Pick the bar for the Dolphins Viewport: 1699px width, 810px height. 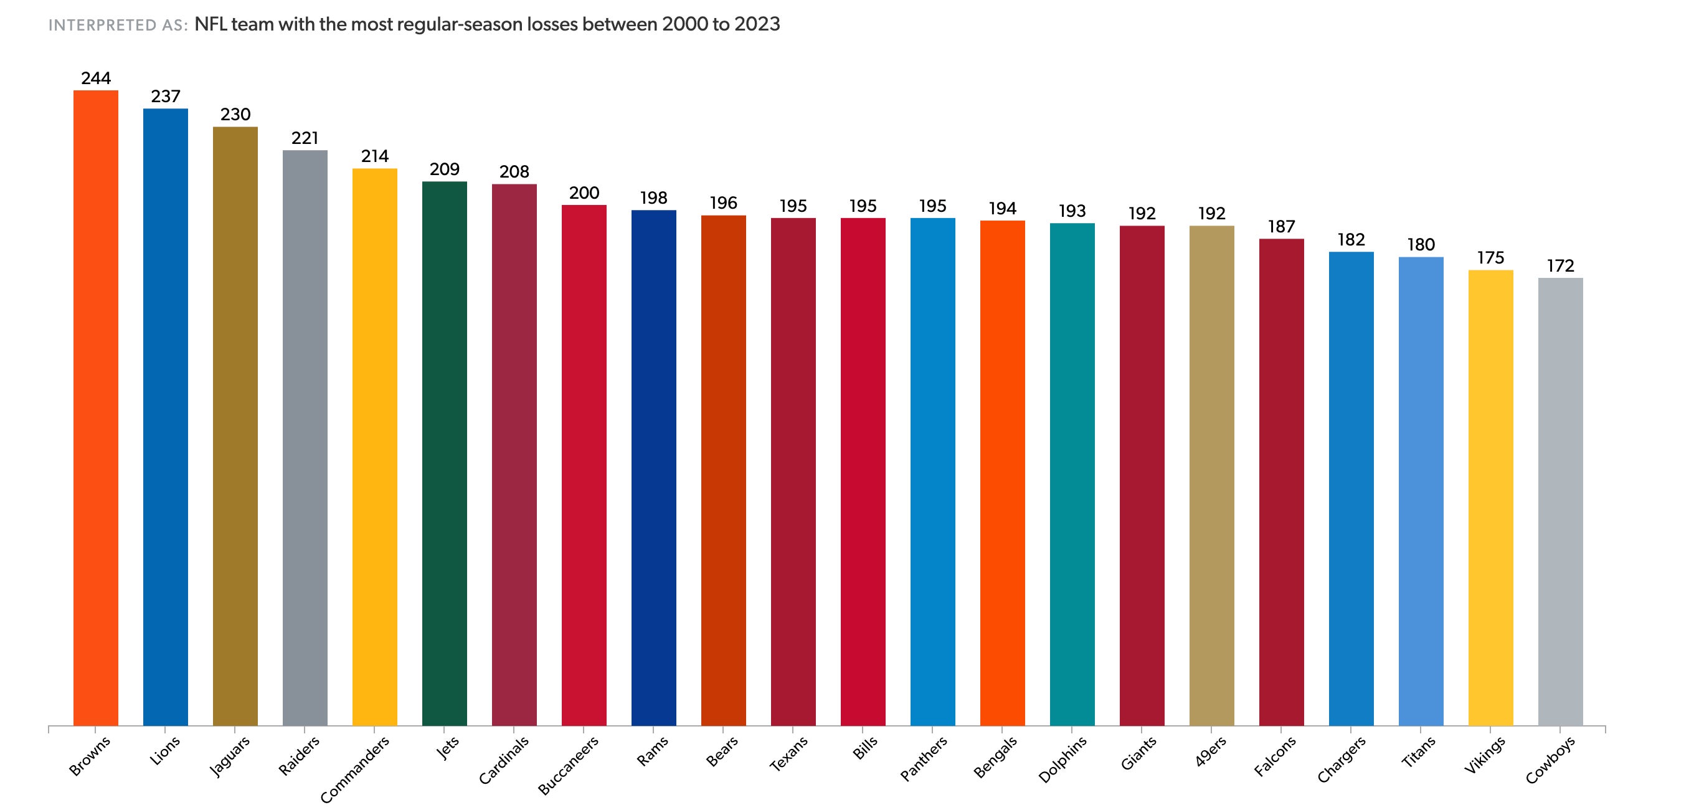click(x=1072, y=474)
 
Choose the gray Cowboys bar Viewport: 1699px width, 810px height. click(x=1560, y=502)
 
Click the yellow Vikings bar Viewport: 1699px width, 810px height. click(x=1490, y=497)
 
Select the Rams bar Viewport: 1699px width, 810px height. click(x=653, y=468)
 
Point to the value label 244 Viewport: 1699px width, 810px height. click(x=96, y=79)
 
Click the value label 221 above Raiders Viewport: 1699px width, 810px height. click(x=305, y=138)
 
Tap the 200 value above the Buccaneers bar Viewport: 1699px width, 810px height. click(x=584, y=193)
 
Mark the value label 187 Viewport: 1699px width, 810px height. click(x=1281, y=227)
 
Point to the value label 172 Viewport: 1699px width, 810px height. click(x=1560, y=266)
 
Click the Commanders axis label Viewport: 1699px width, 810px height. click(x=355, y=769)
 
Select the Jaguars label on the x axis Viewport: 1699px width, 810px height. click(x=230, y=756)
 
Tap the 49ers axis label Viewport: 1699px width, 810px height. click(x=1210, y=751)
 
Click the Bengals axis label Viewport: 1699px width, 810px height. click(x=995, y=756)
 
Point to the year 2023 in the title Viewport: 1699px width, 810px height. click(x=757, y=24)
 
